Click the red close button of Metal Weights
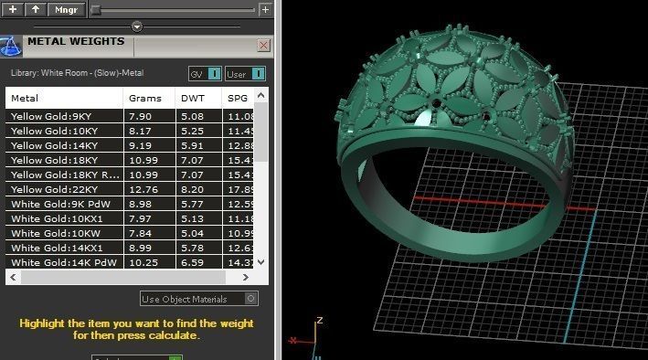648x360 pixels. click(x=263, y=45)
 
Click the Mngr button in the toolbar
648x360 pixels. click(x=67, y=9)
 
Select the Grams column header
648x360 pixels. click(x=145, y=98)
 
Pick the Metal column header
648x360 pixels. click(x=26, y=98)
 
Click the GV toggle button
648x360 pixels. click(x=205, y=73)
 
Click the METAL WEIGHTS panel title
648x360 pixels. click(x=76, y=41)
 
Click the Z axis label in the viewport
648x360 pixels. click(x=318, y=321)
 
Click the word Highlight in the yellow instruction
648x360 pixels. click(x=43, y=323)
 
